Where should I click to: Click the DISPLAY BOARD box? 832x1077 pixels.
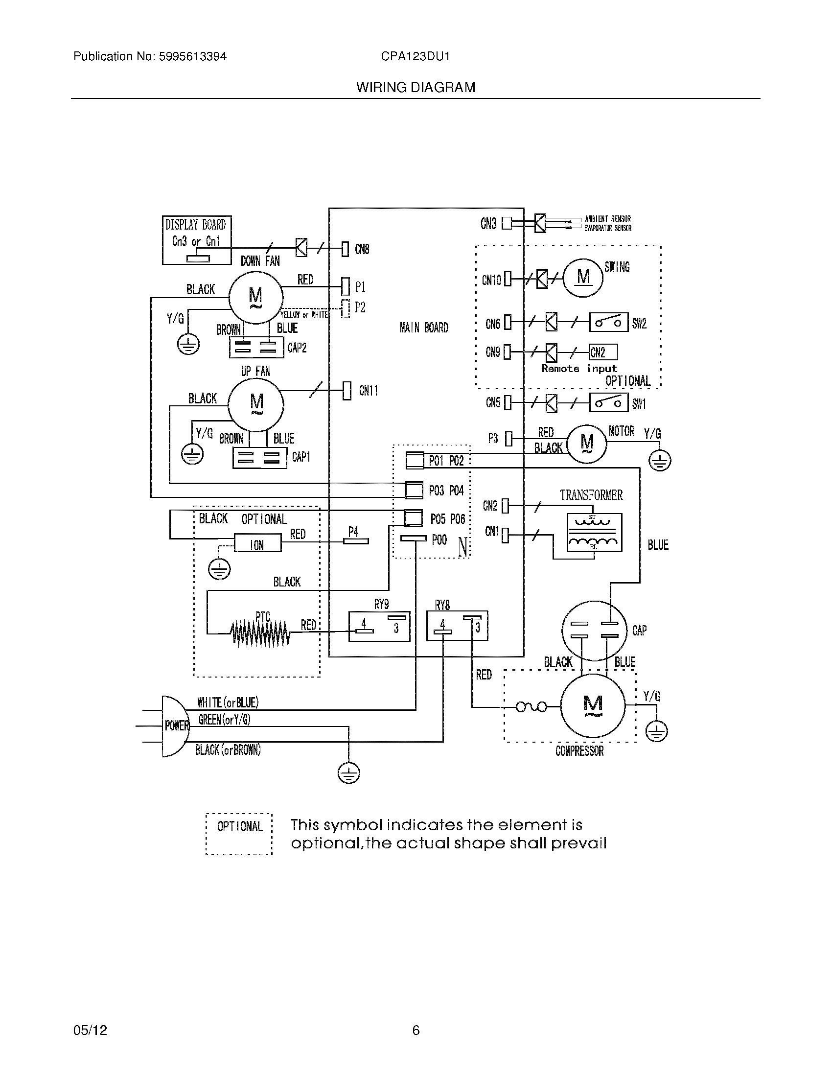point(197,240)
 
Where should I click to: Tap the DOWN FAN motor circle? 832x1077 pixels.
point(255,297)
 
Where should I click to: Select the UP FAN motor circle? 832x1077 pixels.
point(256,404)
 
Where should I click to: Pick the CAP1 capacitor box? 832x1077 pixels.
point(259,457)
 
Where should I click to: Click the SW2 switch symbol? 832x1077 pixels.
point(609,323)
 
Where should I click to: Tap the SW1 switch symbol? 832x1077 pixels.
point(609,403)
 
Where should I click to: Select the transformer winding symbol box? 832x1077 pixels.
point(595,533)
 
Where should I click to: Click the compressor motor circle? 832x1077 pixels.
point(593,705)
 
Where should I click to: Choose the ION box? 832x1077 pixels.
point(257,544)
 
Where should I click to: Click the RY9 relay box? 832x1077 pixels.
point(379,626)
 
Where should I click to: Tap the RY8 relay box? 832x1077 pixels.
point(457,626)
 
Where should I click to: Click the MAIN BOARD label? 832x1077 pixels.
point(424,328)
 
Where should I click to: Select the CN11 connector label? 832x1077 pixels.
point(369,391)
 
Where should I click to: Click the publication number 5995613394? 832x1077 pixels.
point(192,57)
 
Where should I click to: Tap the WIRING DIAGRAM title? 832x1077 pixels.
point(416,88)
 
